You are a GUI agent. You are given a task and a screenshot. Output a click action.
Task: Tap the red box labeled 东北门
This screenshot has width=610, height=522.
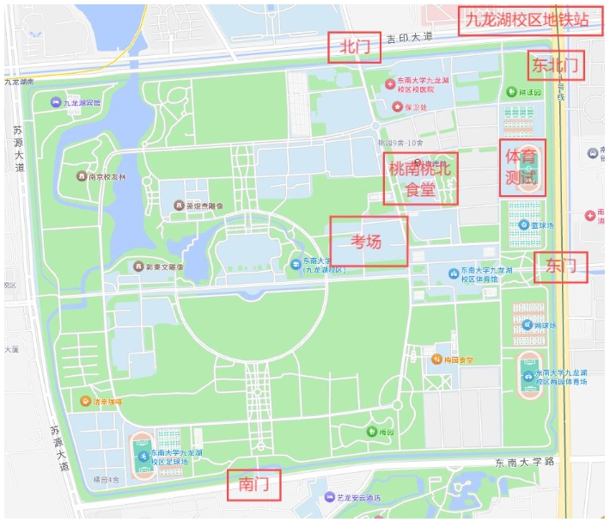coord(556,64)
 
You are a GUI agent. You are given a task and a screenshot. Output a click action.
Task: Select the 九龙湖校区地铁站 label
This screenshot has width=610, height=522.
coord(527,20)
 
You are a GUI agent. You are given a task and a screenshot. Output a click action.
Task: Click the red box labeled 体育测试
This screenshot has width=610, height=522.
coord(522,169)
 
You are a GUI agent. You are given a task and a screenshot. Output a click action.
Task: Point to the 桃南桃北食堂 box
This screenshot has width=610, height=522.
coord(420,179)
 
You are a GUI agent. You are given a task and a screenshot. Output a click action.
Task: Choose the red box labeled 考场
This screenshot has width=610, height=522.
coord(369,241)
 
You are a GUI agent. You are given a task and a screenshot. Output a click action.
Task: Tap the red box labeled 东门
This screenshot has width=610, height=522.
coord(560,267)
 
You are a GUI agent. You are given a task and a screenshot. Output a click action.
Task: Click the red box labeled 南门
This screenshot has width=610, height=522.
coord(253,486)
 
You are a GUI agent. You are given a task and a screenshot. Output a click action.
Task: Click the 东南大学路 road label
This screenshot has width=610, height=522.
coord(523,463)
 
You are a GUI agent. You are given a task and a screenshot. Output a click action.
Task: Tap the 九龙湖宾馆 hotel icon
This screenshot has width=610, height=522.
coord(56,102)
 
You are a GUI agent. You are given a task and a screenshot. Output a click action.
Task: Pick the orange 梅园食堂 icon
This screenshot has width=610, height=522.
coord(437,359)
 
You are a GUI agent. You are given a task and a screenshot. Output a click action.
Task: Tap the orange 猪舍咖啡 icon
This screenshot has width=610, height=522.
coord(85,401)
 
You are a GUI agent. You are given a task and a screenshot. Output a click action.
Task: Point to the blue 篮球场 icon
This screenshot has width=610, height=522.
coord(523,224)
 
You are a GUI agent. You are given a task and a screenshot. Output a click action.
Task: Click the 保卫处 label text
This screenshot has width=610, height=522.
coord(417,107)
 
